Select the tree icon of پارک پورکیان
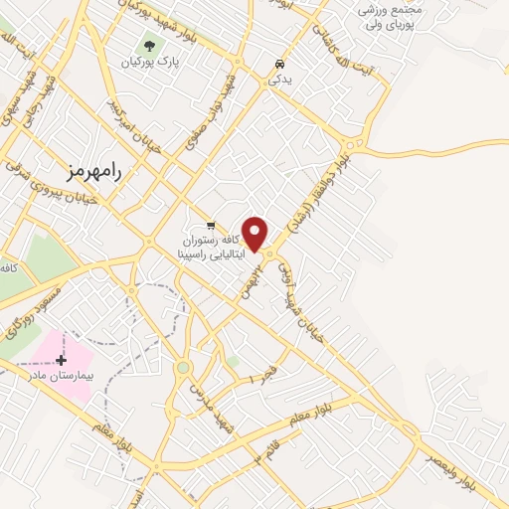149,45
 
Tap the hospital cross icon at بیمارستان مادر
62,359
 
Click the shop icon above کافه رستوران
210,224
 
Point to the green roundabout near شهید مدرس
182,368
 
